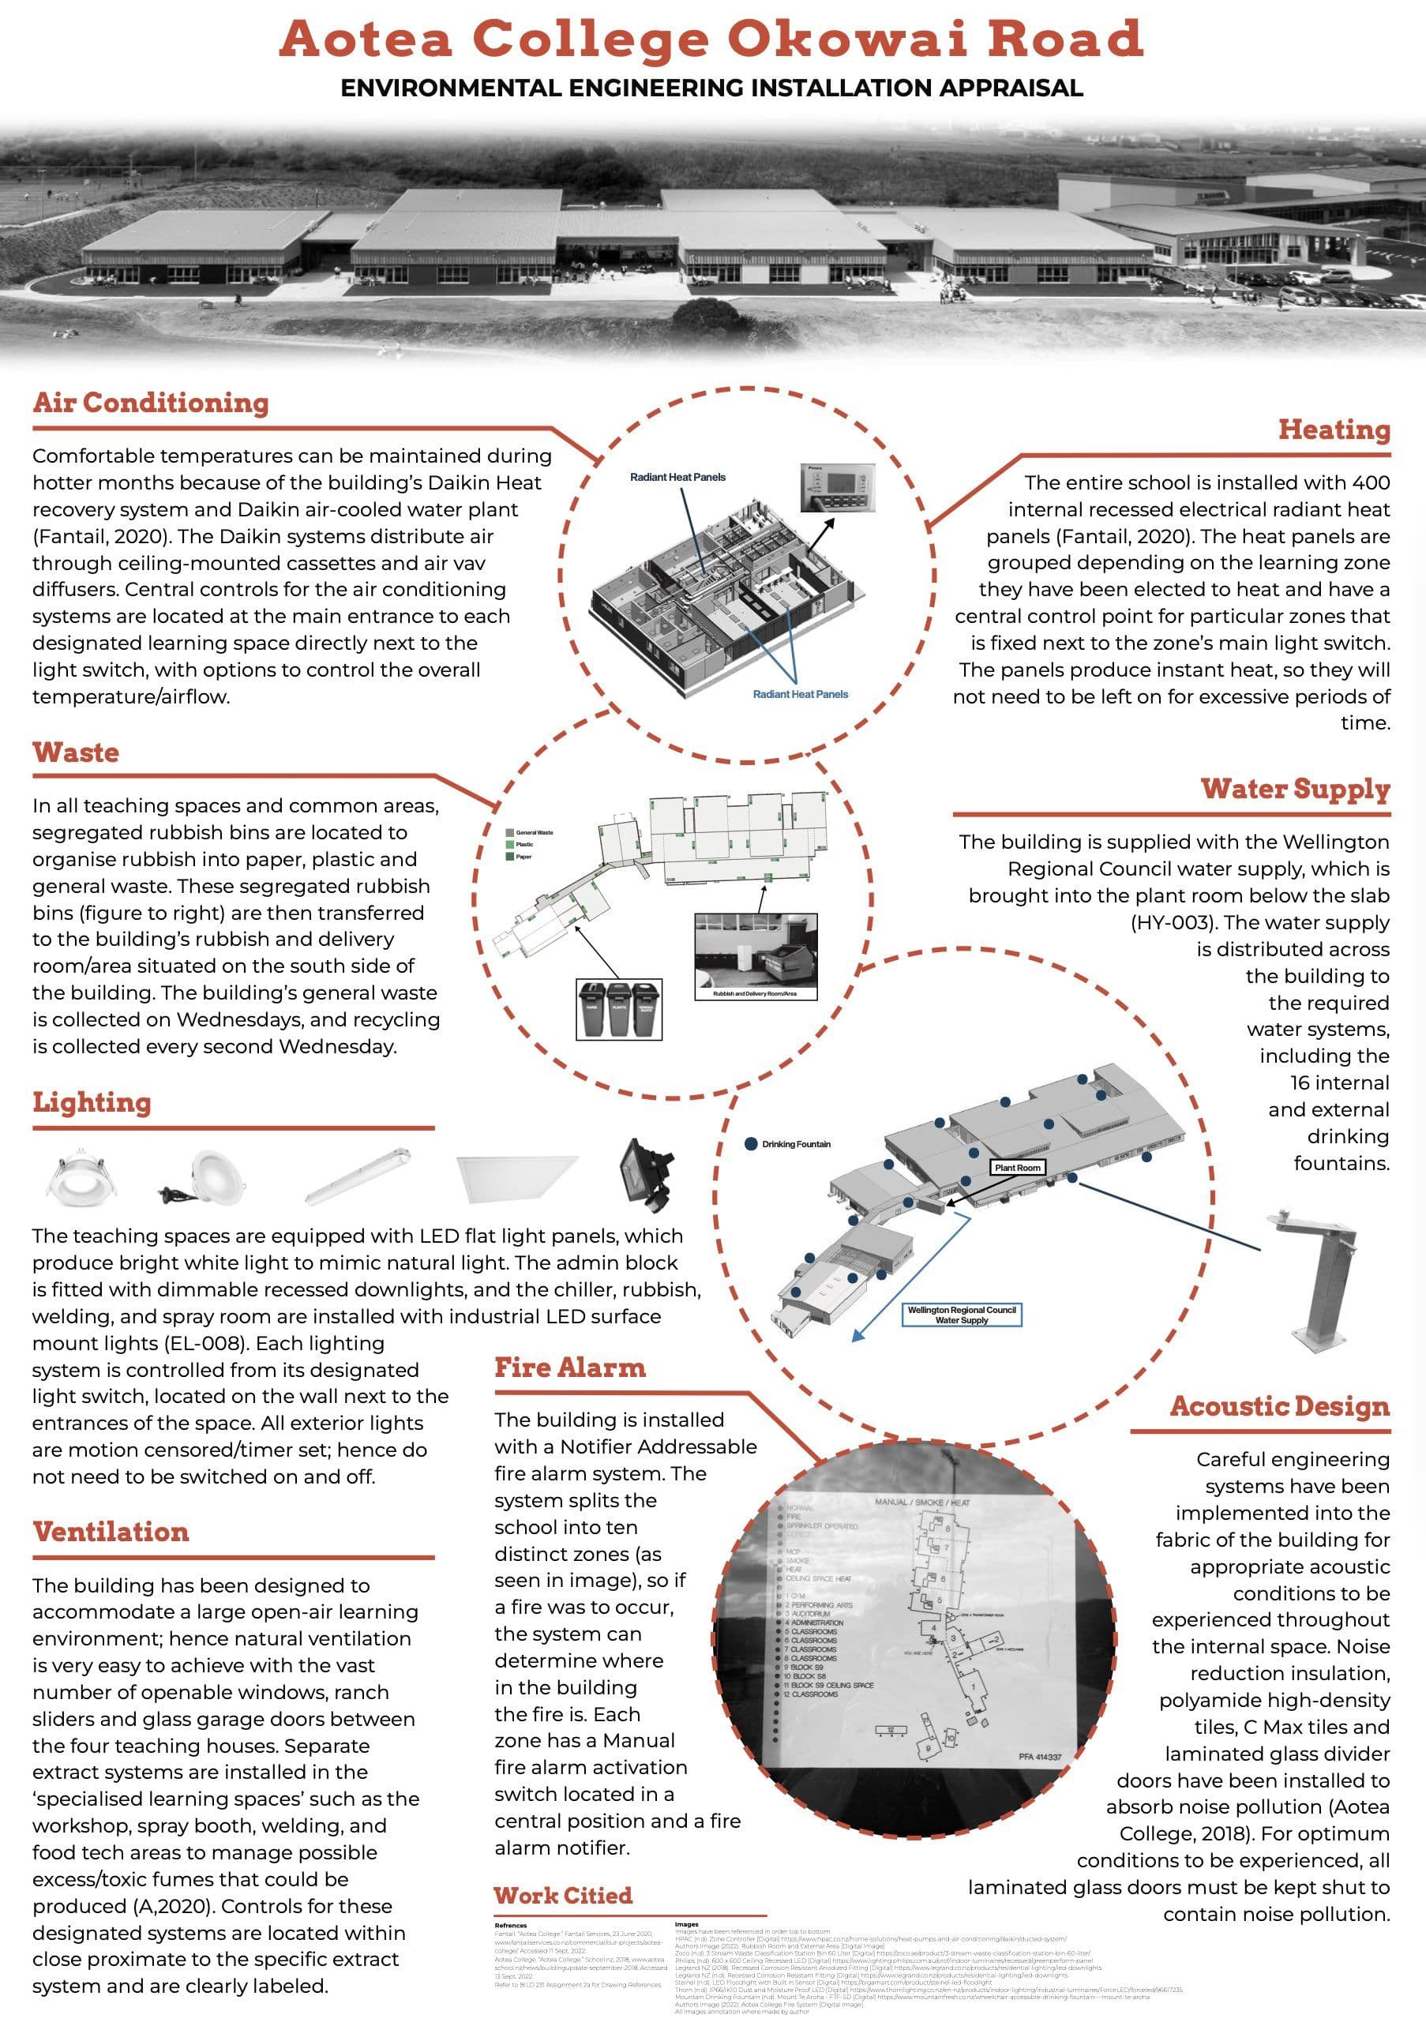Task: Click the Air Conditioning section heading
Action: pos(151,403)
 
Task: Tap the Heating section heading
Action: pos(1334,430)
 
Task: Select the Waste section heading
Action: pos(76,752)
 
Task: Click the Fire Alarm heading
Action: pos(569,1368)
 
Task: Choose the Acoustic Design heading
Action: pos(1279,1406)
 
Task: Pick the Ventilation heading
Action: pos(111,1531)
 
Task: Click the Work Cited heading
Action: pos(563,1896)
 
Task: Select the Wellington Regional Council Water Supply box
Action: pos(962,1315)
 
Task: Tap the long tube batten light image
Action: pos(358,1176)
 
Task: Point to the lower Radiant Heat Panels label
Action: pos(801,695)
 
